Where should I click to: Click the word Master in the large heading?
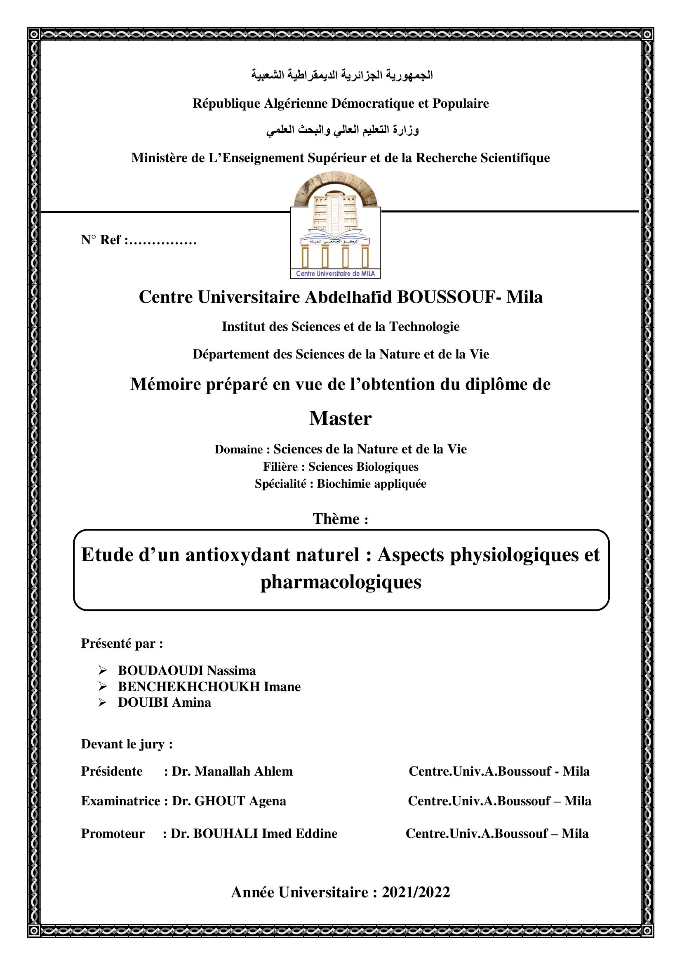(341, 419)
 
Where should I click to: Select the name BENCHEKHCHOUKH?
(189, 687)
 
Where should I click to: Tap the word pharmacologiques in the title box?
(341, 582)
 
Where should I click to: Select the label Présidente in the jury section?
(112, 771)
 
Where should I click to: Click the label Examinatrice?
(120, 801)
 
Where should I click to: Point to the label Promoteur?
(113, 833)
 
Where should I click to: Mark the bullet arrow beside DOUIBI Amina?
(103, 702)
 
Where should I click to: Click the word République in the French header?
(226, 104)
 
